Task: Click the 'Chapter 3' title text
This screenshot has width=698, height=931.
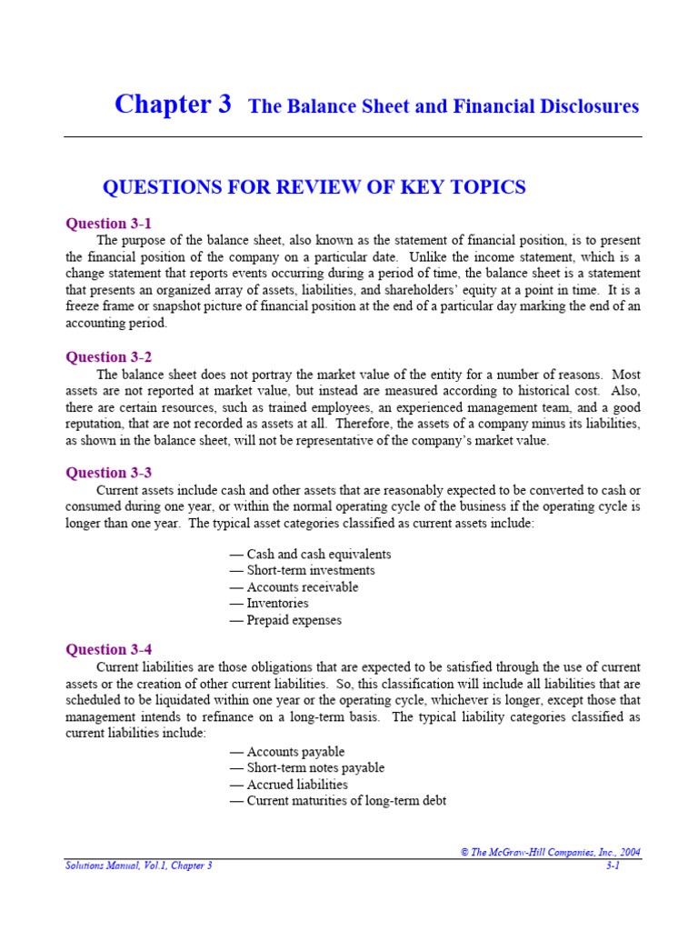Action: [x=173, y=105]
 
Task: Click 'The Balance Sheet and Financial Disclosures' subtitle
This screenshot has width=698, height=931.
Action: [x=444, y=106]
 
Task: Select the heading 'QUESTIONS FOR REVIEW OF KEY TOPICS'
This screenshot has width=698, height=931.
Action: [x=314, y=187]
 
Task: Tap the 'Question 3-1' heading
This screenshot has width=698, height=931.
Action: [x=108, y=224]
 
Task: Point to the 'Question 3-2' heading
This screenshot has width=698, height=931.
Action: [x=108, y=357]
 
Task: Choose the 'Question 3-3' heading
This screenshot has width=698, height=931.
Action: [x=108, y=473]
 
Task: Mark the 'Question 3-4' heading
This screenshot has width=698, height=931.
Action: [x=108, y=649]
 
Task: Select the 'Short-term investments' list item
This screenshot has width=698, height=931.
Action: [x=302, y=570]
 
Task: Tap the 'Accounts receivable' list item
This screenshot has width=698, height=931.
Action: [x=294, y=587]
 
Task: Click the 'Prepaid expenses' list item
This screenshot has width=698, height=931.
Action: [x=285, y=620]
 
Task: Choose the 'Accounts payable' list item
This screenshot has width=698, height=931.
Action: [x=287, y=751]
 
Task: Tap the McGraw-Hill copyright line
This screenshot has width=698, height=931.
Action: [x=550, y=852]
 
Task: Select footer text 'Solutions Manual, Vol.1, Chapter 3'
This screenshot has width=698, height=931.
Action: [x=138, y=866]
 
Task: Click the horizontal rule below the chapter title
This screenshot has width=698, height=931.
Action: [x=353, y=137]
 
